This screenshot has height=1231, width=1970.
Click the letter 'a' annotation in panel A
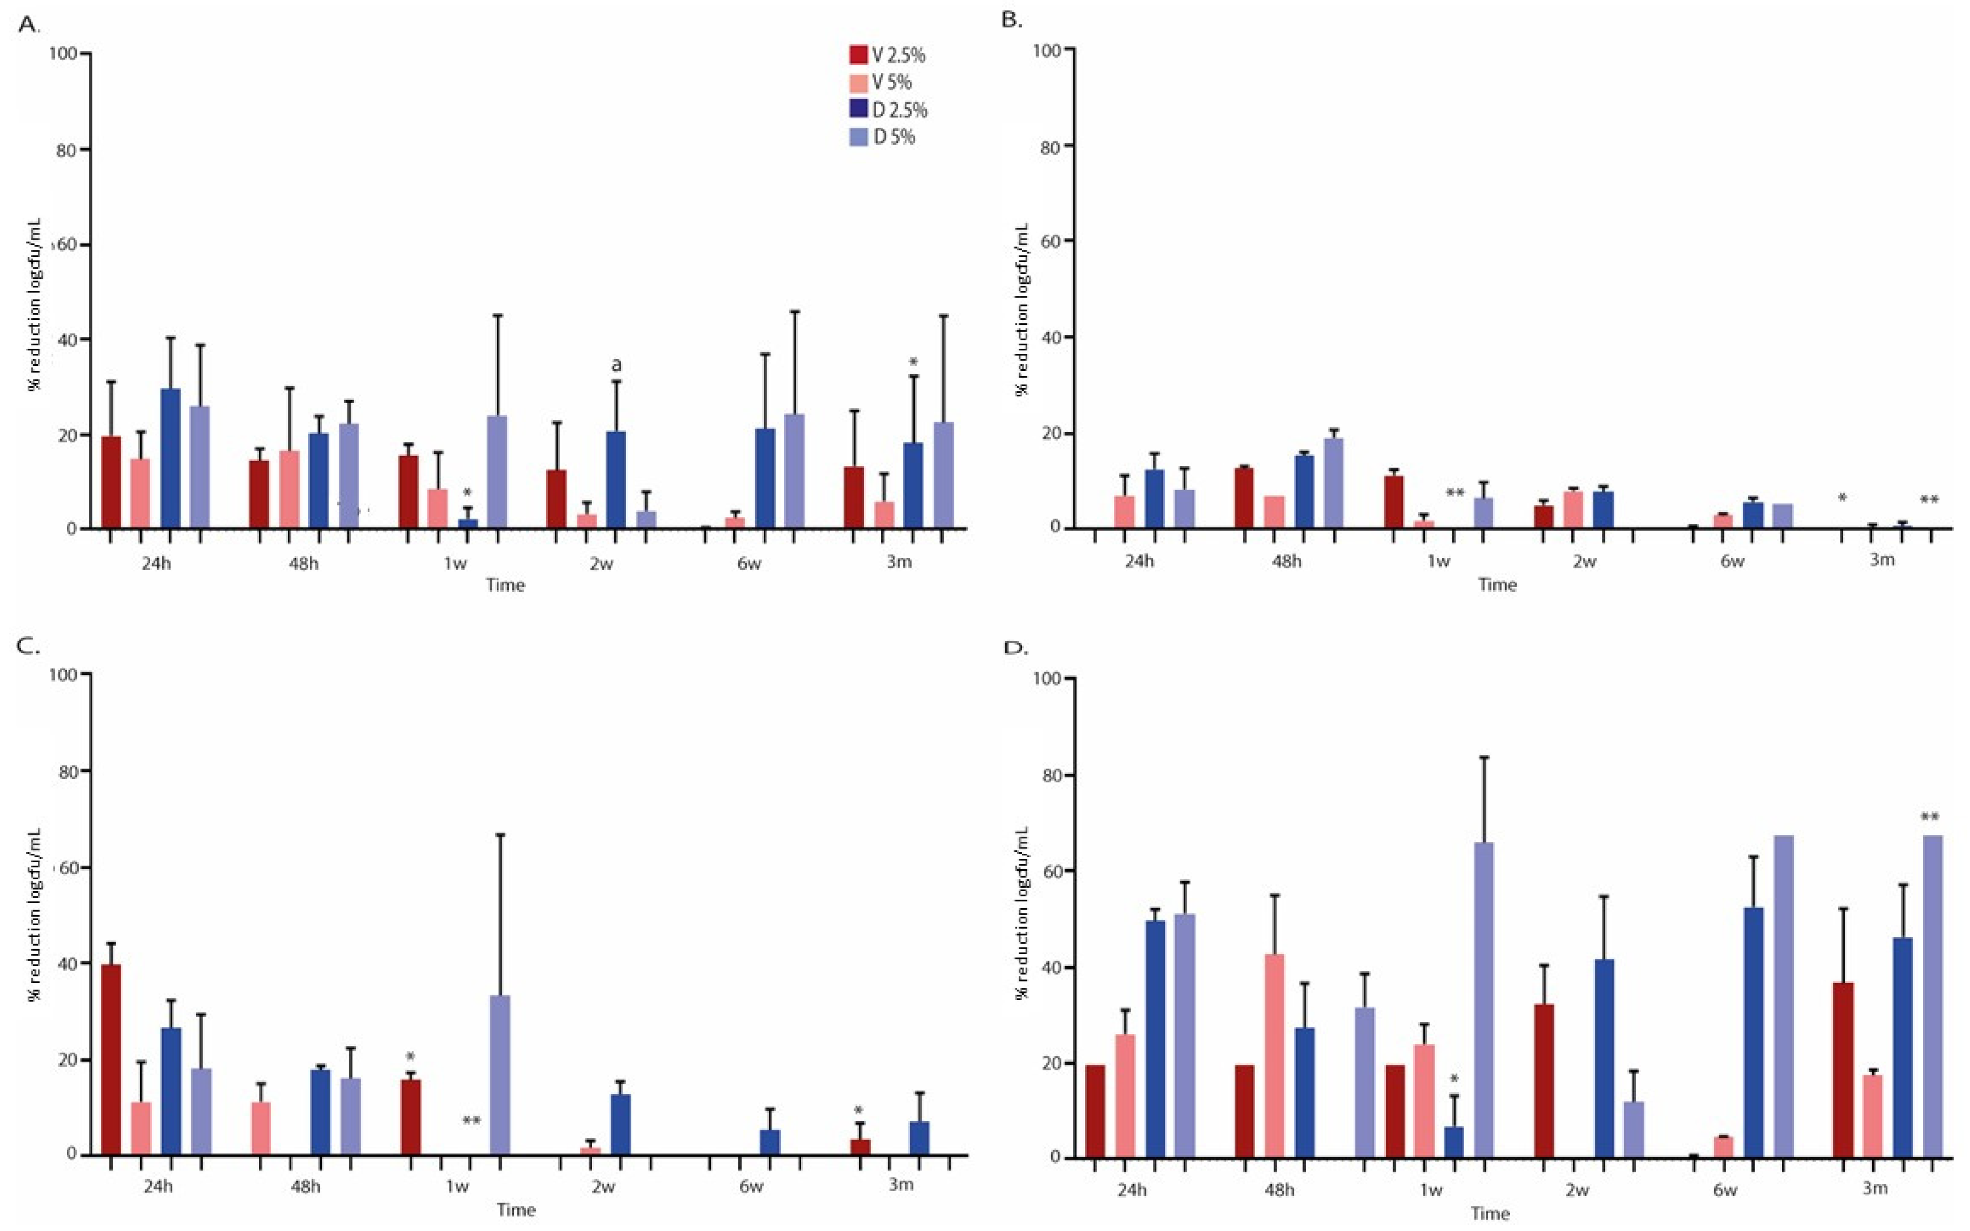[616, 364]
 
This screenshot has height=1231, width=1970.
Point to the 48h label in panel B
[1287, 562]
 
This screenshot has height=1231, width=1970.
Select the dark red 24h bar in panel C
[111, 1058]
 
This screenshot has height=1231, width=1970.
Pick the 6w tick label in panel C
[751, 1186]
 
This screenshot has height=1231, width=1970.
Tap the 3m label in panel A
[899, 562]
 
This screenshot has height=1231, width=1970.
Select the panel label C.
[27, 647]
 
